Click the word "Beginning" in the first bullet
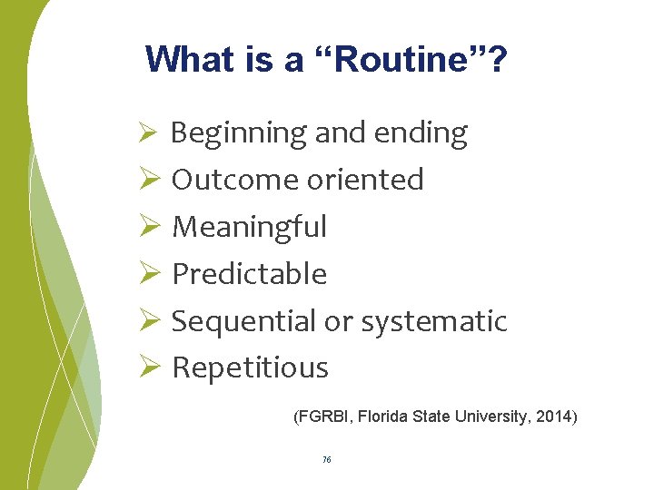pyautogui.click(x=239, y=133)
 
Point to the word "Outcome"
pyautogui.click(x=235, y=180)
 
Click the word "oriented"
pyautogui.click(x=365, y=180)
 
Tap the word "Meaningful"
pyautogui.click(x=249, y=227)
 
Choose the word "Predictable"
pyautogui.click(x=249, y=273)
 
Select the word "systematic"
pyautogui.click(x=434, y=321)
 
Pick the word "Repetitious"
pyautogui.click(x=250, y=367)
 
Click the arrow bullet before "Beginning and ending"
pyautogui.click(x=150, y=133)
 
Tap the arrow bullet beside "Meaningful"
pyautogui.click(x=150, y=227)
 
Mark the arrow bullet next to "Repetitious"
pyautogui.click(x=150, y=367)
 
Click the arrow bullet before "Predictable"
pyautogui.click(x=150, y=273)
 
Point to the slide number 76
pyautogui.click(x=326, y=460)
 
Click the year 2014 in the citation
pyautogui.click(x=554, y=417)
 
